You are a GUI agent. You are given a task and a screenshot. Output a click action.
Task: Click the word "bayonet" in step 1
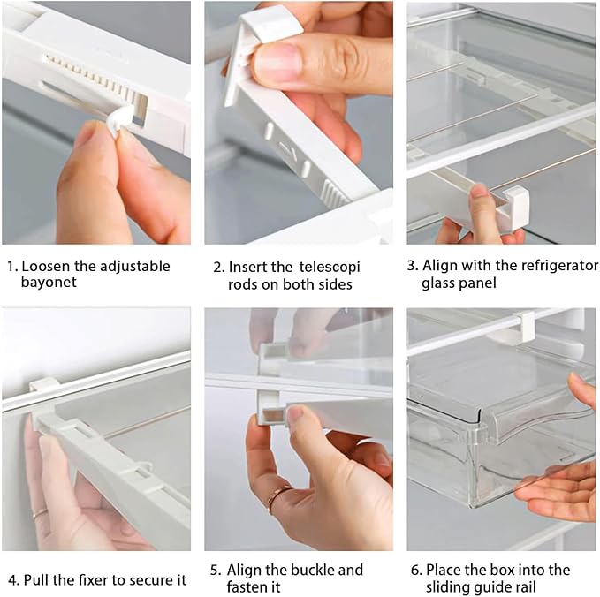(x=49, y=283)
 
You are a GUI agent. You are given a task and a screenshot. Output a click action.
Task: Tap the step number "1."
(x=13, y=266)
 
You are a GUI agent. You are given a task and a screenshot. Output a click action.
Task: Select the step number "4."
(x=14, y=580)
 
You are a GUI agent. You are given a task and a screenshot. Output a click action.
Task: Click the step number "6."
(x=416, y=571)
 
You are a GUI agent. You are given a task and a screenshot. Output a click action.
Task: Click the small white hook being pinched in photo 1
(x=119, y=119)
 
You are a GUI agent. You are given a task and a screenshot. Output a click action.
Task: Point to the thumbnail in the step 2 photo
(x=277, y=62)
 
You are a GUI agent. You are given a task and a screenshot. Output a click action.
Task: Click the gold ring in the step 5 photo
(x=277, y=496)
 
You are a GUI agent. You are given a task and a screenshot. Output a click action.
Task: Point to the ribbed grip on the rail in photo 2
(x=334, y=193)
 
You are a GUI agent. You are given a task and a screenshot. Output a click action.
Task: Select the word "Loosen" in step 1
(x=46, y=266)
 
